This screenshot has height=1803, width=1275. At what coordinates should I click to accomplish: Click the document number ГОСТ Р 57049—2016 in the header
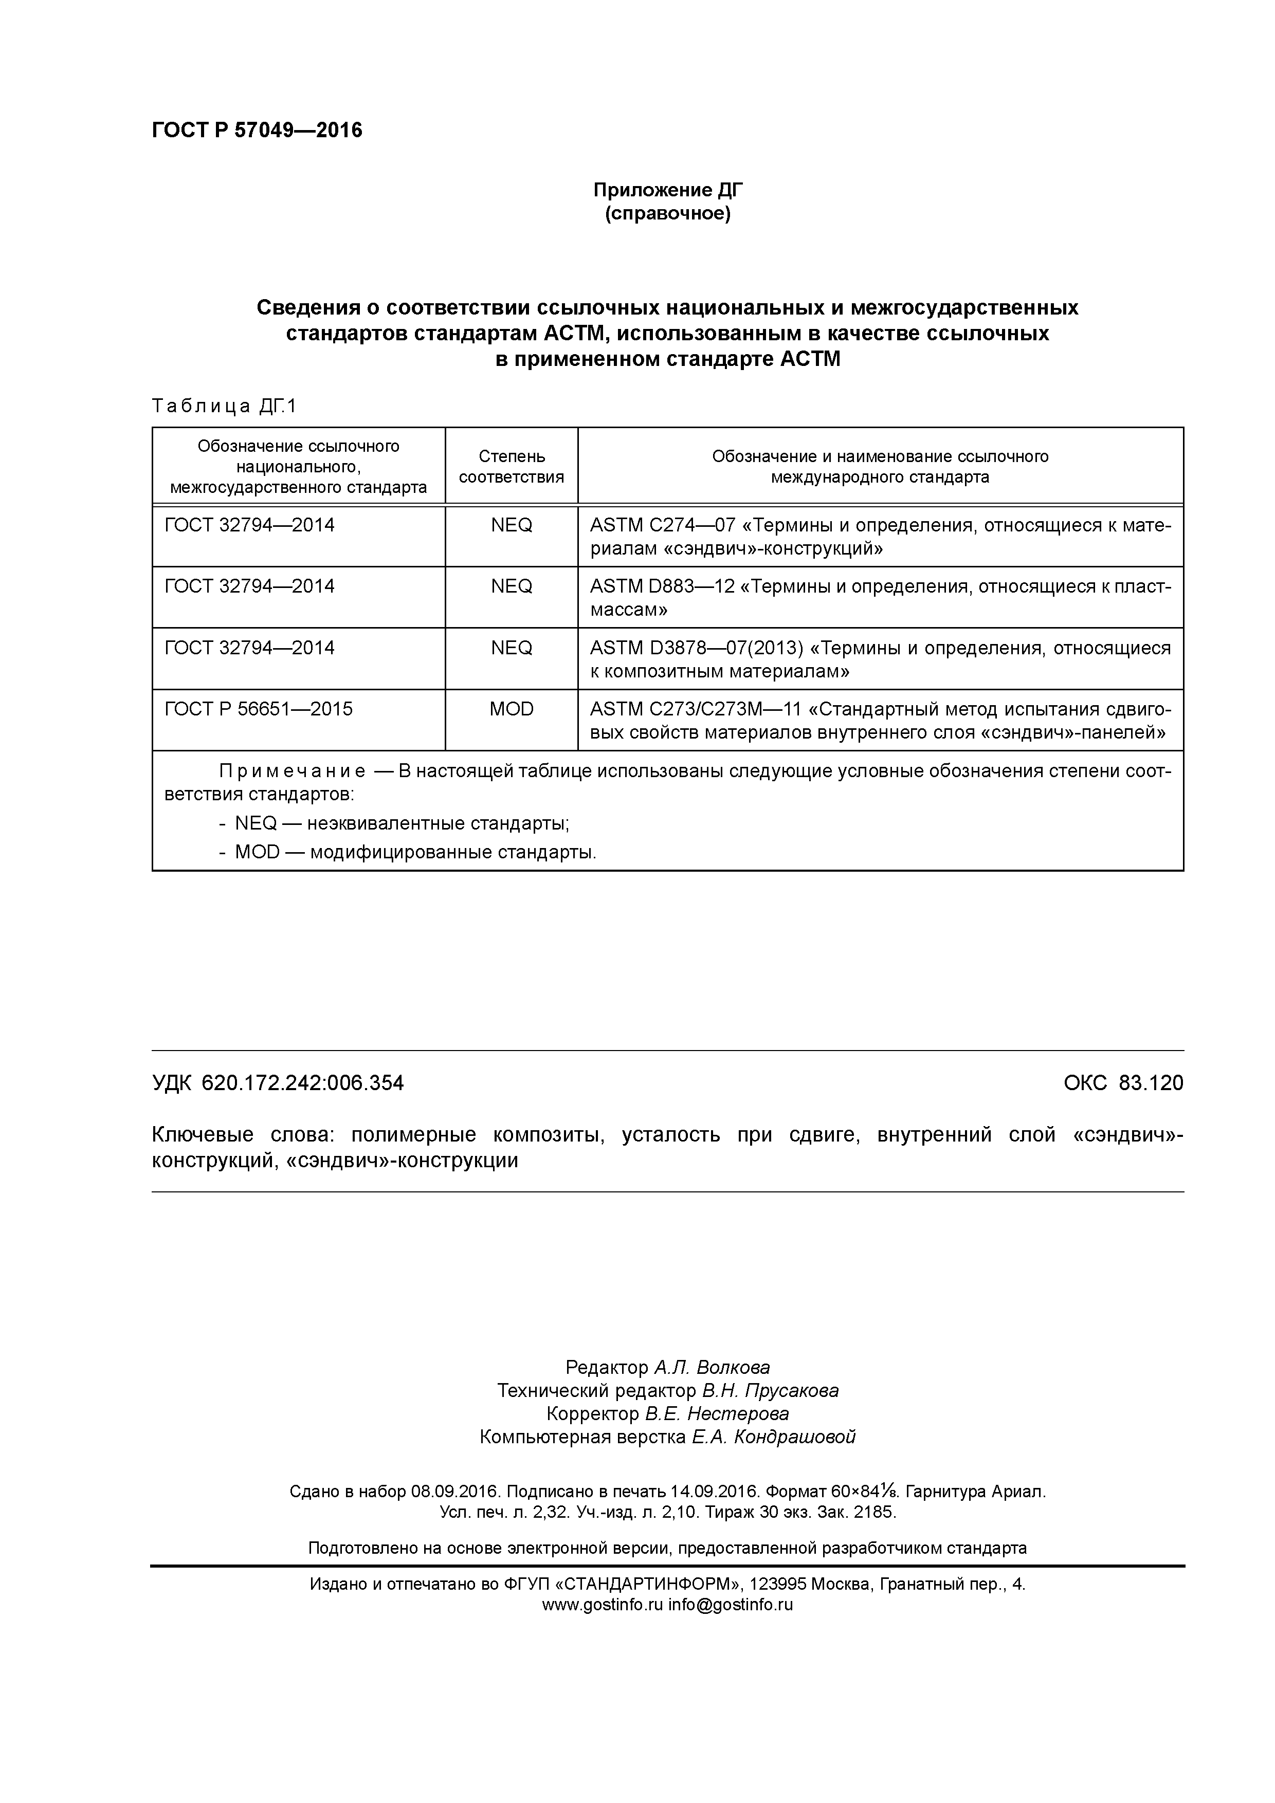(257, 131)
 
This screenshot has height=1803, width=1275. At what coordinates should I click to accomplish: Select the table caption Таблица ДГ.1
(224, 406)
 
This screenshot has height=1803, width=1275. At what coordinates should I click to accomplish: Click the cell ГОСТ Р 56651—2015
(259, 709)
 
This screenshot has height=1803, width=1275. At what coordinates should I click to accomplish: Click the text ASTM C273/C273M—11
(695, 709)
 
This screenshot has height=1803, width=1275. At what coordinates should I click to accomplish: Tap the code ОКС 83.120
(1123, 1083)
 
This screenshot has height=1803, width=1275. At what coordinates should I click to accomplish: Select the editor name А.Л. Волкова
(712, 1368)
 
